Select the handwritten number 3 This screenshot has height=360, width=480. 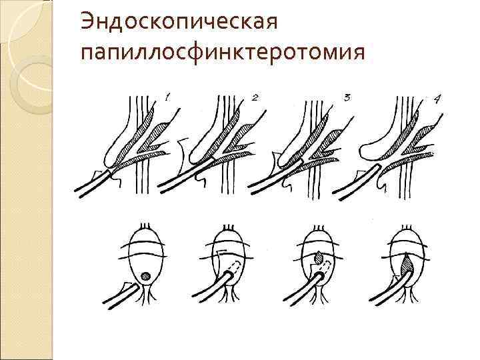(x=347, y=97)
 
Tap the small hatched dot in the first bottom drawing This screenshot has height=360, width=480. (x=145, y=275)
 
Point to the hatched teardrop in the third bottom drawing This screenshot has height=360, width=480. (x=318, y=256)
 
